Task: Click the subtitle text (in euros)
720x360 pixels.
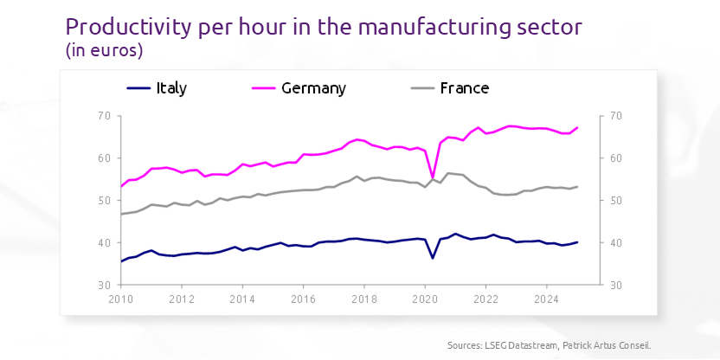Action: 104,51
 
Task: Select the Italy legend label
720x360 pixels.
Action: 171,88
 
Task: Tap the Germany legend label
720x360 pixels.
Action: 313,88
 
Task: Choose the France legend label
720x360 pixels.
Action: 465,88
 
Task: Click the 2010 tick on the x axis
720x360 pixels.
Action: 120,300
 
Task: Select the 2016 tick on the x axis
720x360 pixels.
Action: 303,300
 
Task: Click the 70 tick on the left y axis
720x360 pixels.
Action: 103,116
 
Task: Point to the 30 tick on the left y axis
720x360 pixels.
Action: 103,285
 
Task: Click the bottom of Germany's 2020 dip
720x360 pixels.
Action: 433,177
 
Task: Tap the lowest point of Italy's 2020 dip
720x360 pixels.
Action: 433,258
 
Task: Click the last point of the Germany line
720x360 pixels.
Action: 577,128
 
